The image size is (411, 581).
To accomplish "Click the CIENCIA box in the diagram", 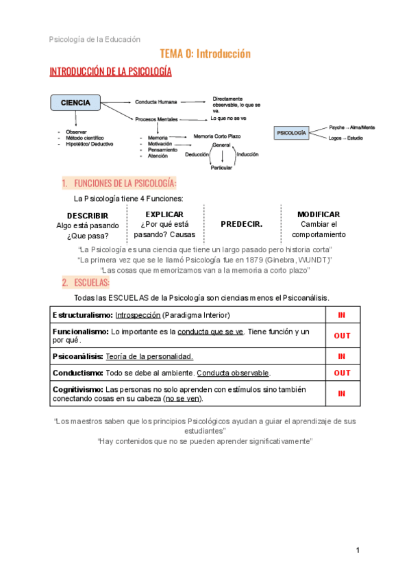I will (x=76, y=103).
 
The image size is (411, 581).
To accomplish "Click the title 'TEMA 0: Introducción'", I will (x=205, y=53).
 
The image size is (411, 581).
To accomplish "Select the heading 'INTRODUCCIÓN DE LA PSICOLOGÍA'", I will (x=110, y=72).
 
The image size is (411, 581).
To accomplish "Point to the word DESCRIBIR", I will (x=88, y=216).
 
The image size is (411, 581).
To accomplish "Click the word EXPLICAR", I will (x=164, y=214).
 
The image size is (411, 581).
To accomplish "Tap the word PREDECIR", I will (x=241, y=224).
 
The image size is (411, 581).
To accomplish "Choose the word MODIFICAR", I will (x=319, y=214).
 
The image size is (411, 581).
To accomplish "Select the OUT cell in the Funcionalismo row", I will (x=342, y=336).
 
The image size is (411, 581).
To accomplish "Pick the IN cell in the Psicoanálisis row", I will (x=342, y=356).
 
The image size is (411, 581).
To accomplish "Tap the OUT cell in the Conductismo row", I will (x=342, y=373).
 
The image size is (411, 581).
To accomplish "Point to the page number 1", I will (x=358, y=550).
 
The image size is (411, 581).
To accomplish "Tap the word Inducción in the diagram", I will (x=247, y=155).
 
